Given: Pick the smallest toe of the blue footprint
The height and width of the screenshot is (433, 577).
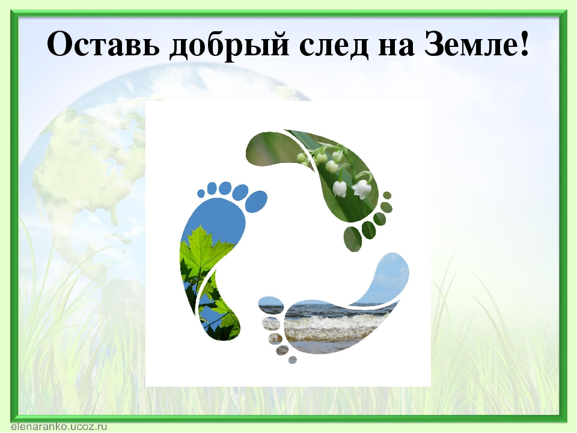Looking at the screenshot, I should (x=201, y=193).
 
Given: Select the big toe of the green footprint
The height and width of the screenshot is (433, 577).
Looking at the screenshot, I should (x=353, y=240).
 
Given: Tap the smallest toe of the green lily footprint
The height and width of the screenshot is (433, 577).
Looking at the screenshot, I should (x=388, y=195).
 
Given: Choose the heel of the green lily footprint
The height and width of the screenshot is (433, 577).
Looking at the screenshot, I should (x=270, y=150).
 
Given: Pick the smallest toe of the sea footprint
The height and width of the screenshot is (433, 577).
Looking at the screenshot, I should (x=293, y=360).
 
